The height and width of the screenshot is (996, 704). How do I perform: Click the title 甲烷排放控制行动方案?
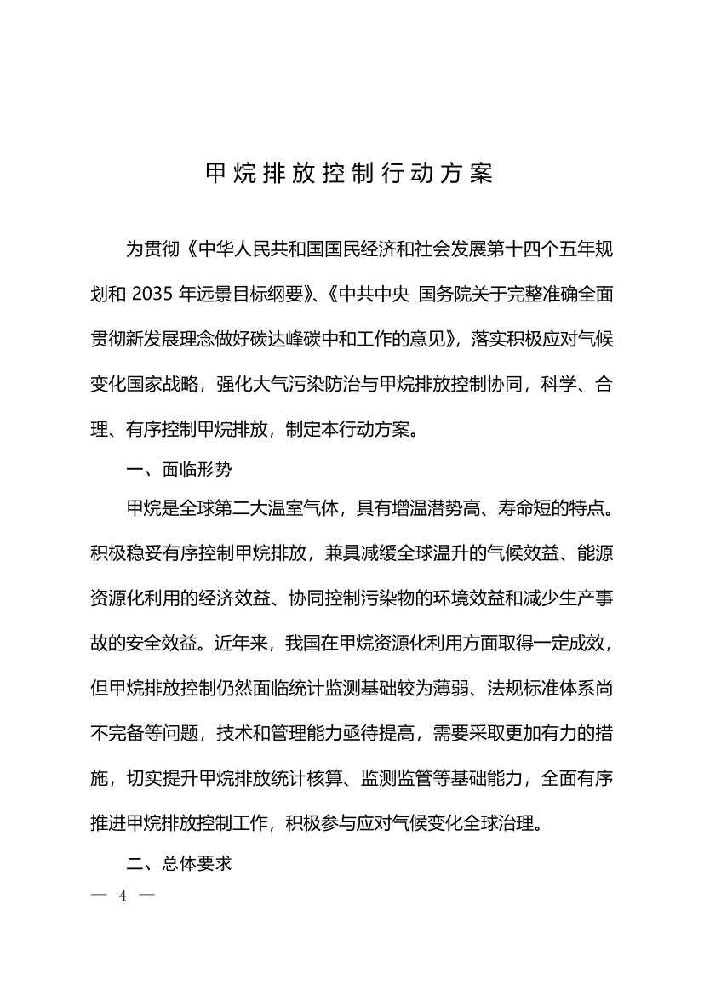(x=350, y=174)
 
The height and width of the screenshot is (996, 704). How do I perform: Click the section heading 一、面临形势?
(x=178, y=470)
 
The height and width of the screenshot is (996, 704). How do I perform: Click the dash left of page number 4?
(x=96, y=896)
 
